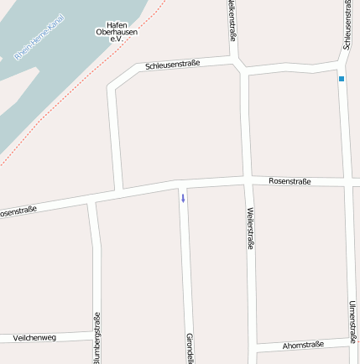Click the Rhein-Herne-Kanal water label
[39, 41]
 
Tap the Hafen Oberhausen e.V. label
[117, 32]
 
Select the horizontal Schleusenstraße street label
[172, 65]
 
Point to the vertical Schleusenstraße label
[347, 24]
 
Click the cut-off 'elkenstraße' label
[232, 20]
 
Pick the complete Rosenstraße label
[290, 180]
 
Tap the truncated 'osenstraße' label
[18, 211]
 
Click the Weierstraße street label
[250, 229]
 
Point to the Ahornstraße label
[303, 344]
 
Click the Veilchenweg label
[34, 337]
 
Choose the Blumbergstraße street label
[97, 338]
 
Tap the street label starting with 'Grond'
[190, 348]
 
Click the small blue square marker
[342, 79]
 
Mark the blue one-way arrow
[182, 198]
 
